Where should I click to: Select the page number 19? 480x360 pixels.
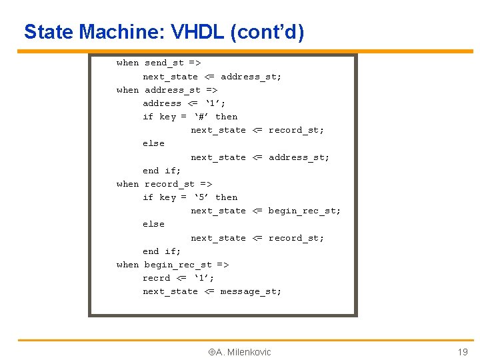pyautogui.click(x=462, y=352)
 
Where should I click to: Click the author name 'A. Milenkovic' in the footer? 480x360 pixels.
pyautogui.click(x=243, y=352)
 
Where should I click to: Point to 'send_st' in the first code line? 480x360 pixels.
pyautogui.click(x=165, y=63)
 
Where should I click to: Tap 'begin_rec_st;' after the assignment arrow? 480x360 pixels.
pyautogui.click(x=304, y=211)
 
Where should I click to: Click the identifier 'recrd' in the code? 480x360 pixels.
pyautogui.click(x=157, y=278)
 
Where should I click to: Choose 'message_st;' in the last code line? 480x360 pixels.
pyautogui.click(x=251, y=291)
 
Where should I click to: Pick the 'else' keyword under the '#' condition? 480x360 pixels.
pyautogui.click(x=153, y=143)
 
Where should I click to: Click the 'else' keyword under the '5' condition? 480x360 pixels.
pyautogui.click(x=153, y=224)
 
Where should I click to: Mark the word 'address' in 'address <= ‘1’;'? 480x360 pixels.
pyautogui.click(x=162, y=103)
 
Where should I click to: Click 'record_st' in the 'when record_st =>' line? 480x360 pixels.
pyautogui.click(x=170, y=184)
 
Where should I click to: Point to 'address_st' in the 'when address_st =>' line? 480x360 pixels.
pyautogui.click(x=173, y=90)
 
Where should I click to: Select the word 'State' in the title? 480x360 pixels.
pyautogui.click(x=49, y=31)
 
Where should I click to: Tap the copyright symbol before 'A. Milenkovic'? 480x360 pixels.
pyautogui.click(x=211, y=352)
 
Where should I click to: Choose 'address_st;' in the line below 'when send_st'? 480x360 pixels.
pyautogui.click(x=251, y=77)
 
